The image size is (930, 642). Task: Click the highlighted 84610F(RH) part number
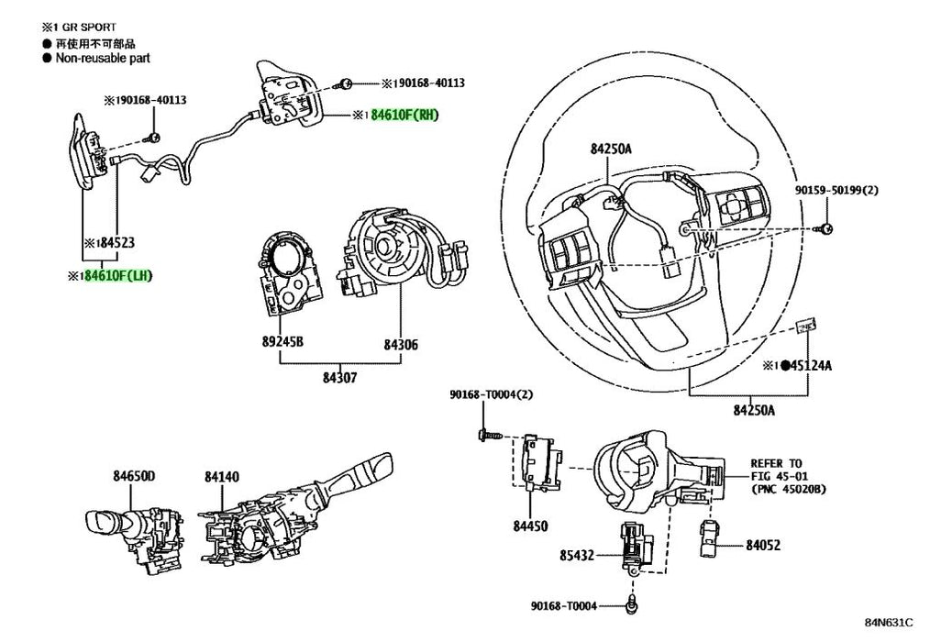pos(405,116)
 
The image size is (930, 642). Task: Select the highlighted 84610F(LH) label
pos(118,276)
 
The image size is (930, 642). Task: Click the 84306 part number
pos(400,345)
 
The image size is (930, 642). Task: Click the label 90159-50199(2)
pos(836,190)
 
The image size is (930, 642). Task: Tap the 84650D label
pos(135,476)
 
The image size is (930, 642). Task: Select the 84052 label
pos(762,545)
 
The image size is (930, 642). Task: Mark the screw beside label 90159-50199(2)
pos(826,227)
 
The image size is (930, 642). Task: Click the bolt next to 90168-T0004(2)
pos(485,435)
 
